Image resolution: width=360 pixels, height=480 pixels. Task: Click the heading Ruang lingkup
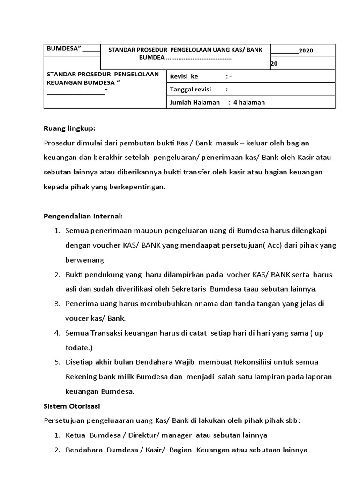click(x=69, y=128)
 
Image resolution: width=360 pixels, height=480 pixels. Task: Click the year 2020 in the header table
click(x=306, y=51)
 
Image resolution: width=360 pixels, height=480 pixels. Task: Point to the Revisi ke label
click(x=184, y=76)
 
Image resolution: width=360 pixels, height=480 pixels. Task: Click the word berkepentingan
click(x=138, y=187)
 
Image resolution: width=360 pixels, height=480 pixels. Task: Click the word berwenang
click(x=85, y=259)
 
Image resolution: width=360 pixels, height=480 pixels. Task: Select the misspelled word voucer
click(x=76, y=318)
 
